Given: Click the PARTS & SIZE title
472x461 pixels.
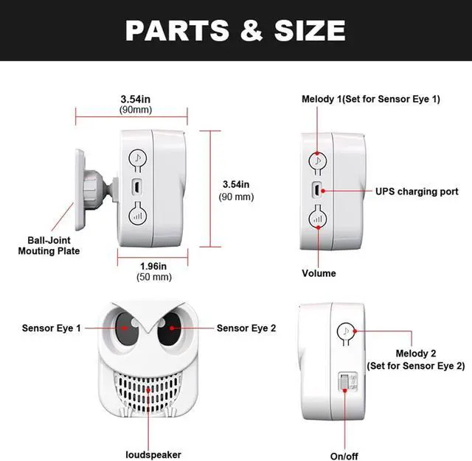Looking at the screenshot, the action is (x=235, y=30).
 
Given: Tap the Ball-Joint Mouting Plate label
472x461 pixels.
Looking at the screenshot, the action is (x=49, y=245).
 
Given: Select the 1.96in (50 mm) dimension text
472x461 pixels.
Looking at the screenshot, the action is (x=155, y=271).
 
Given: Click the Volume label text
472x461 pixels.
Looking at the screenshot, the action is (x=319, y=273).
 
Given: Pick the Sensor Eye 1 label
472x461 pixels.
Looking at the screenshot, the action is (x=52, y=328).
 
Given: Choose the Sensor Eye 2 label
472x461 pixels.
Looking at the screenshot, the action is (x=246, y=328).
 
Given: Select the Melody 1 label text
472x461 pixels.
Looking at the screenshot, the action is (x=371, y=99).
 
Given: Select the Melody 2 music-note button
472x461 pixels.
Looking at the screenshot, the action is (x=344, y=331).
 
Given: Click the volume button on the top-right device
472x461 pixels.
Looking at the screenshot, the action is (x=318, y=219).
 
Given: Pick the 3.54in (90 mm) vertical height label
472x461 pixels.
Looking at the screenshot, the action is (x=237, y=190).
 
